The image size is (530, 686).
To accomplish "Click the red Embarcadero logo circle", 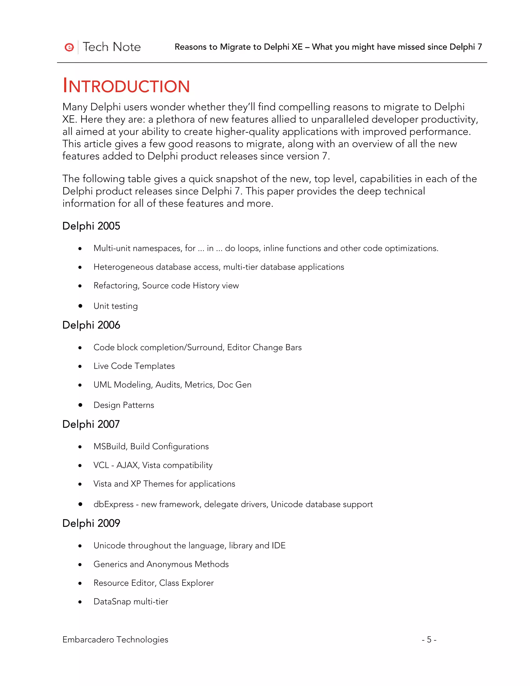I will point(69,47).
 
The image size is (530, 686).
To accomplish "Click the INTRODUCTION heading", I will point(126,86).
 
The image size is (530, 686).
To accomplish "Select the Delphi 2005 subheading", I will point(91,226).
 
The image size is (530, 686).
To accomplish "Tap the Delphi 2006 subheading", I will point(91,325).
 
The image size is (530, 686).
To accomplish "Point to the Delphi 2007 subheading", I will point(91,424).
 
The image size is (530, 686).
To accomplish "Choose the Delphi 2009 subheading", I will point(91,523).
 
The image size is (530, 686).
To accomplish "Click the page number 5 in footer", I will point(429,639).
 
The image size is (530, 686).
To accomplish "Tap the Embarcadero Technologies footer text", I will point(115,639).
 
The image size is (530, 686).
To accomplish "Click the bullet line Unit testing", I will point(115,306).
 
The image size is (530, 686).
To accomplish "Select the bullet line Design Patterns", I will point(124,405).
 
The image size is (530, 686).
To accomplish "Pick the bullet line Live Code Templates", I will point(134,366).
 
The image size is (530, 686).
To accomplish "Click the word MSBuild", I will point(109,446).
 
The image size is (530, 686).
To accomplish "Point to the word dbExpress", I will point(113,504).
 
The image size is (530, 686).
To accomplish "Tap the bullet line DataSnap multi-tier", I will point(131,602).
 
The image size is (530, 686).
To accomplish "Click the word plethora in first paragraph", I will point(177,119).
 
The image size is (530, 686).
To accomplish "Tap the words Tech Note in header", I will point(112,47).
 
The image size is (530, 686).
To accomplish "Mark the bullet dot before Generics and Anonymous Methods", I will point(80,564).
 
